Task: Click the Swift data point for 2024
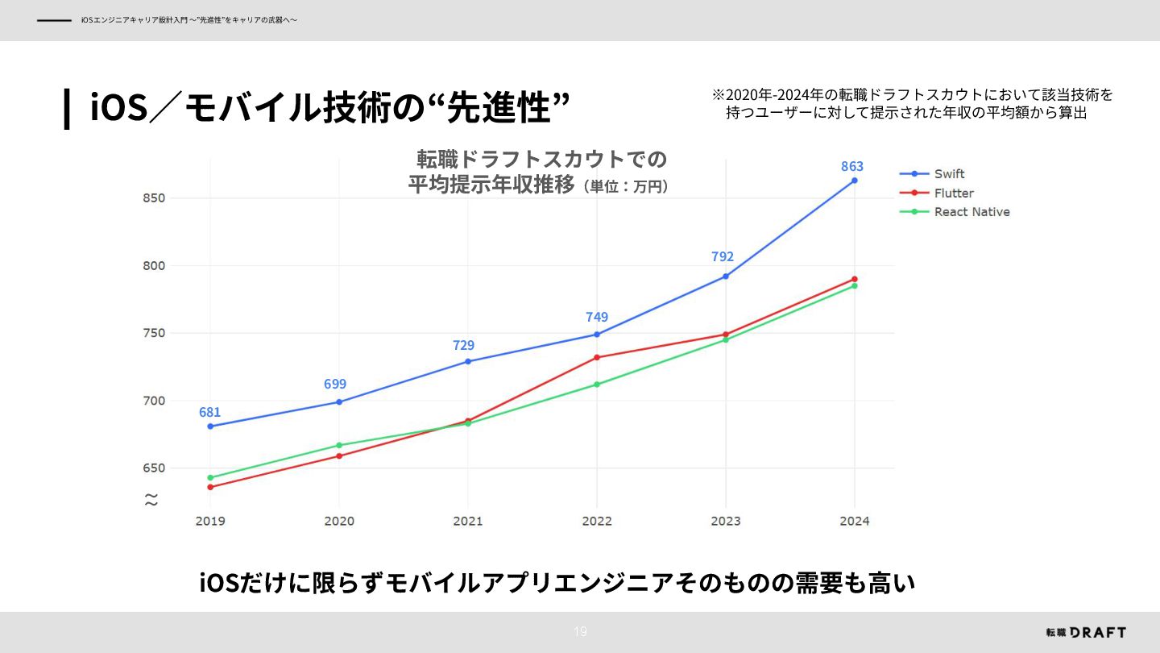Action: tap(854, 181)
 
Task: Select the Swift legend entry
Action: tap(948, 174)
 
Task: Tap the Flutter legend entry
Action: tap(953, 193)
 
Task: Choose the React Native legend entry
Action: tap(971, 212)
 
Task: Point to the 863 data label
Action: tap(851, 166)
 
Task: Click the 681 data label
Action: tap(209, 412)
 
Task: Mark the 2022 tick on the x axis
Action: tap(596, 521)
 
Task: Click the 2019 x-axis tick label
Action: tap(210, 521)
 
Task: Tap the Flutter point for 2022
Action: tap(597, 357)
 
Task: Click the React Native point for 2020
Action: tap(339, 445)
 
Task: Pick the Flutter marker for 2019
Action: tap(210, 487)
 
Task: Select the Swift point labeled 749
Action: tap(597, 335)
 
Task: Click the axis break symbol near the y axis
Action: tap(151, 500)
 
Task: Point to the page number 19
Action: tap(580, 632)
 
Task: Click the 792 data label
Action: tap(723, 256)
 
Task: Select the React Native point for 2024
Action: tap(854, 286)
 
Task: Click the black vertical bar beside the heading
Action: tap(67, 109)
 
